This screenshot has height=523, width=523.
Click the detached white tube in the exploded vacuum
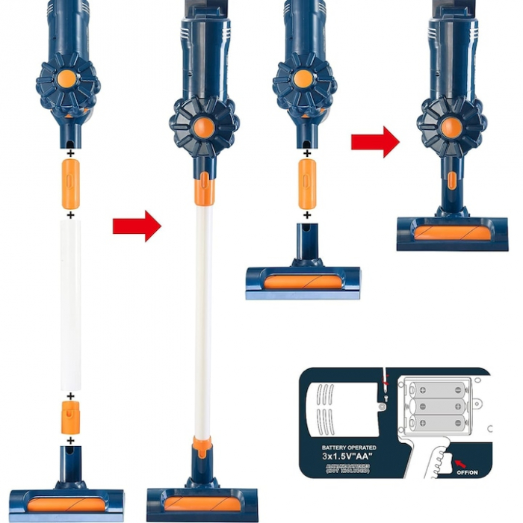pyautogui.click(x=70, y=303)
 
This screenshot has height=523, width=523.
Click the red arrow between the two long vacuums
pyautogui.click(x=137, y=226)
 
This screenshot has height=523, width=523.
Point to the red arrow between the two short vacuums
pyautogui.click(x=375, y=142)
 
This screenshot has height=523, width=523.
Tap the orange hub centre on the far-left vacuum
pyautogui.click(x=67, y=78)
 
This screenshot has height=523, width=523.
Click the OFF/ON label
pyautogui.click(x=465, y=472)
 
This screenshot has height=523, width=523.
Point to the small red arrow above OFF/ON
pyautogui.click(x=453, y=452)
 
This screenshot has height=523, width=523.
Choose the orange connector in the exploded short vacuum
pyautogui.click(x=306, y=184)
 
